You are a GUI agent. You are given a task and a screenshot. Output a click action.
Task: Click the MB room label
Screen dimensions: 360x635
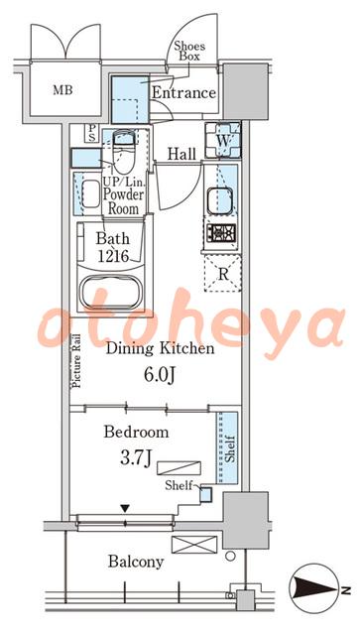coord(62,90)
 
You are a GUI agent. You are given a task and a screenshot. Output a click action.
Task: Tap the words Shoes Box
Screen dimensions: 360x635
coord(189,52)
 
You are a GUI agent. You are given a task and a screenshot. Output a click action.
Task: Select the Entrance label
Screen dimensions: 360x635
coord(183,92)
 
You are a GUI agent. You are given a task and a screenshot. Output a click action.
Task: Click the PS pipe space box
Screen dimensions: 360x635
coord(92,133)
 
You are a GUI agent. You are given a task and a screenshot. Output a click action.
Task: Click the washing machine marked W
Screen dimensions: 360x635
coord(223,140)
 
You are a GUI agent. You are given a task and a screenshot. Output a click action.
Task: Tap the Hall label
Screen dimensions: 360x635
coord(182,154)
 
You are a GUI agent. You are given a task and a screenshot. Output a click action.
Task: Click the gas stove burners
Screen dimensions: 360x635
coord(221,233)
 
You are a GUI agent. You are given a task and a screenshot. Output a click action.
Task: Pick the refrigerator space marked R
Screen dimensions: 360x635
coord(223,274)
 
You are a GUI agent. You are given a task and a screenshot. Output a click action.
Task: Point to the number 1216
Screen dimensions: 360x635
coord(112,256)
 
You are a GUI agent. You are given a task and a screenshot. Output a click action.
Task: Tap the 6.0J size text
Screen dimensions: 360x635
coord(160,375)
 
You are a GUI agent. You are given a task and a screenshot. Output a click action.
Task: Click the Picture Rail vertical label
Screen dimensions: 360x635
coord(76,361)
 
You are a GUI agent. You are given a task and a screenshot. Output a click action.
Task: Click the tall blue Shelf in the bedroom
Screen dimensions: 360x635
coord(227,447)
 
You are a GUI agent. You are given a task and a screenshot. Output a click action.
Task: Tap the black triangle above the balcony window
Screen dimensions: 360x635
coord(126,508)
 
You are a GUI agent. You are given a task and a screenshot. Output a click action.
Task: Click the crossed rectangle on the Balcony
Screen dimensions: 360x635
coord(194,545)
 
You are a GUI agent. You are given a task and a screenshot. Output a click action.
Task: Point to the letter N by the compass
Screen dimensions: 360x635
coord(346,590)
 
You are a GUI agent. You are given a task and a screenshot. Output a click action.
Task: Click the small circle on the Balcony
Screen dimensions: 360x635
coord(230,557)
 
